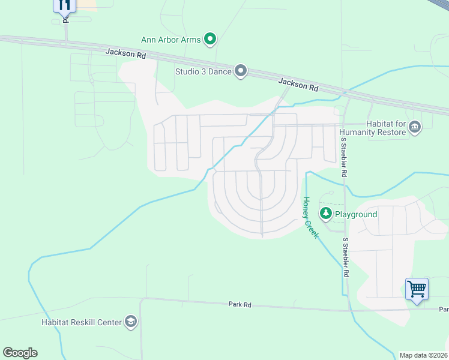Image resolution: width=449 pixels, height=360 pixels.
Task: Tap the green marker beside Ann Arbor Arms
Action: click(210, 40)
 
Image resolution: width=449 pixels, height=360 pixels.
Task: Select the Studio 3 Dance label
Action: click(203, 71)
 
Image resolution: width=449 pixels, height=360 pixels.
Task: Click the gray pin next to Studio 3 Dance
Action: click(241, 71)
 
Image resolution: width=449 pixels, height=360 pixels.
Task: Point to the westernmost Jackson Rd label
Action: click(125, 53)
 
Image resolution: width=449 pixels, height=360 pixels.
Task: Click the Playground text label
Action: click(355, 214)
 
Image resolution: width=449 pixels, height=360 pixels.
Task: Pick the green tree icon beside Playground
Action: click(326, 214)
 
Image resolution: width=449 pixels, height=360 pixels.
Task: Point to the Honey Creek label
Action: click(310, 218)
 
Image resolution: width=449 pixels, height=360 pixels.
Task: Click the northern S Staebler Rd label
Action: click(344, 157)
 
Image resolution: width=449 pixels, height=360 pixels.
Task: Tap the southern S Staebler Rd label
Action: click(346, 257)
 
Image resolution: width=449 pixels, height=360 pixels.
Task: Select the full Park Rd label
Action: click(240, 305)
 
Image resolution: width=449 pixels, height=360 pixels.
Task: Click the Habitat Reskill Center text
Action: click(82, 322)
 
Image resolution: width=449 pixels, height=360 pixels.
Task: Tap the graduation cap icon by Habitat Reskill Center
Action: click(130, 322)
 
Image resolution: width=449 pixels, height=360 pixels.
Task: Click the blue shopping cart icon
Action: click(417, 289)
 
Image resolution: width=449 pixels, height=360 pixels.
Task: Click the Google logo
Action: click(20, 353)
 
